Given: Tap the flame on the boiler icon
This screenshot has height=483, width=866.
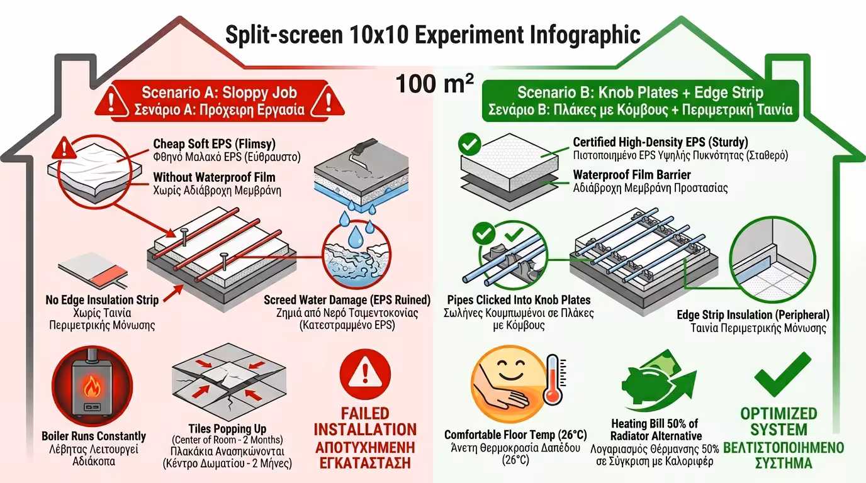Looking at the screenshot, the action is click(x=92, y=386).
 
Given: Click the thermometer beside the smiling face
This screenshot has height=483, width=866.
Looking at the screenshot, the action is click(x=554, y=380).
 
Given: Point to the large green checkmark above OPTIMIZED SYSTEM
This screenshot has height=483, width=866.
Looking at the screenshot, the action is click(x=782, y=374).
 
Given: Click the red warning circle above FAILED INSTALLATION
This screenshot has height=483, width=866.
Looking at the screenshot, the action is click(x=365, y=374).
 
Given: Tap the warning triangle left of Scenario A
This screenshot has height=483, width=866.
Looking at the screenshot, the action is click(x=111, y=101).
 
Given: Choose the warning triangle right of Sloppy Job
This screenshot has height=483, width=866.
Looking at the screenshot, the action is click(x=328, y=101).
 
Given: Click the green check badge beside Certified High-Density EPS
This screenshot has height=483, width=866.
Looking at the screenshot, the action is click(x=470, y=144).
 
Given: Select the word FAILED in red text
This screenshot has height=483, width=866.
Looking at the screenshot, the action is click(x=365, y=413).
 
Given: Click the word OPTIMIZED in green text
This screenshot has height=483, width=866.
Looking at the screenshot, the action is click(x=779, y=413).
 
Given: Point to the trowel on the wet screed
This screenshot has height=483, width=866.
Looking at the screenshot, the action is click(x=361, y=153).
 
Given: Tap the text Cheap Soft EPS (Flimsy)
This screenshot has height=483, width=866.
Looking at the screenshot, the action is click(x=214, y=144).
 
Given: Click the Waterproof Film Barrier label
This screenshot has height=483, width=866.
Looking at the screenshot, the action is click(x=632, y=175).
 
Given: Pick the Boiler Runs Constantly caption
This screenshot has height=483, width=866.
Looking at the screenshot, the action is click(x=94, y=436).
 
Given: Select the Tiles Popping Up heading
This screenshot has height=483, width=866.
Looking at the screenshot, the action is click(x=227, y=428).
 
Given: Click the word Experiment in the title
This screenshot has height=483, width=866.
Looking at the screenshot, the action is click(x=469, y=35).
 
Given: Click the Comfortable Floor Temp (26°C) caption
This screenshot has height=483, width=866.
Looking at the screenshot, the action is click(x=515, y=435).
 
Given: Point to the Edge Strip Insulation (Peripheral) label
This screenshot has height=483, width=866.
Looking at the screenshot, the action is click(x=753, y=314).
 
